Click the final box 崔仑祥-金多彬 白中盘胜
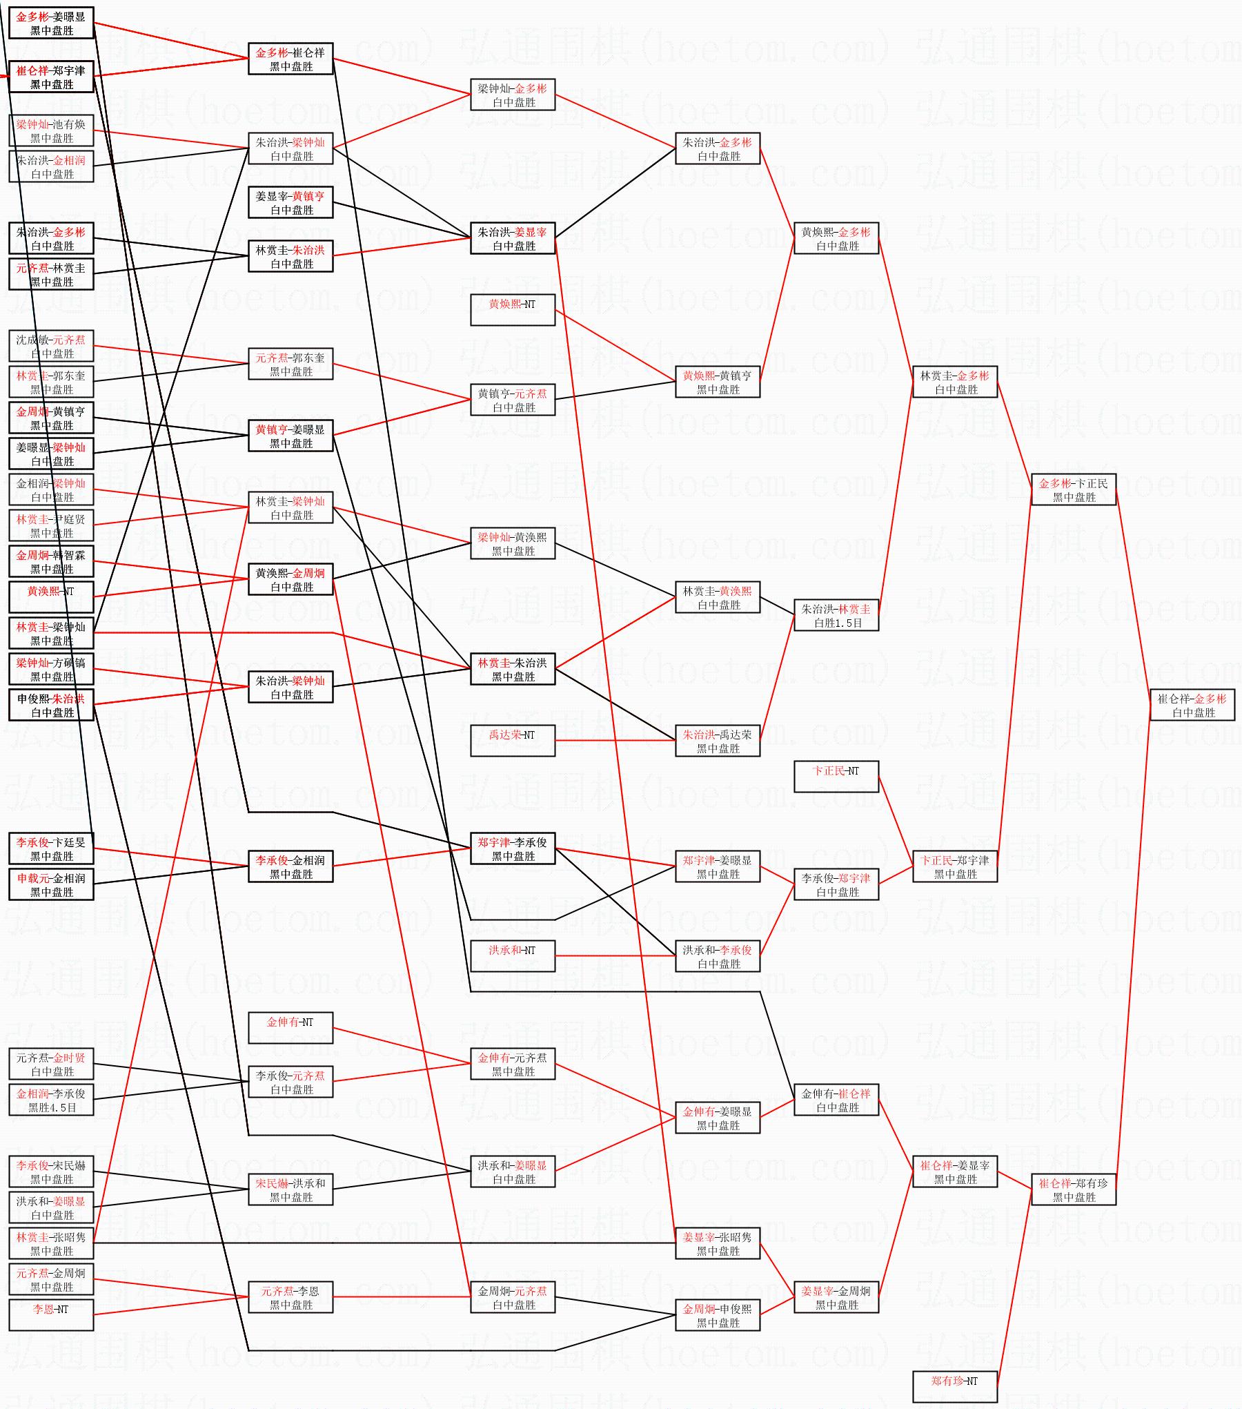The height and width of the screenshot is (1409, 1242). click(x=1192, y=705)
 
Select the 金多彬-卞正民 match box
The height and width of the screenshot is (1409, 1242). click(x=1074, y=489)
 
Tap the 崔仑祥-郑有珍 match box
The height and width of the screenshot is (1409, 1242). click(x=1074, y=1189)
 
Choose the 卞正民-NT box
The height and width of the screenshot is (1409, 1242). click(x=836, y=777)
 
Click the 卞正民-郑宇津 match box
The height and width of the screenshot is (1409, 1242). click(x=955, y=866)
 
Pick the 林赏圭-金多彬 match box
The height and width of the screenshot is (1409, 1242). click(x=955, y=382)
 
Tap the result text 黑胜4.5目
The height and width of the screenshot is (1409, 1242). click(x=52, y=1107)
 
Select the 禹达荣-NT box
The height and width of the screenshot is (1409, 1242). click(x=513, y=741)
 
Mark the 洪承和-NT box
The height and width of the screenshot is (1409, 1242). click(x=513, y=956)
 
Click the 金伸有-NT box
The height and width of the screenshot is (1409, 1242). click(x=290, y=1028)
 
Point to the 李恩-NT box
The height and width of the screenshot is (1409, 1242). click(x=51, y=1315)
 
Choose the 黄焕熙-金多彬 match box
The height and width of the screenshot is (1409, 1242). click(x=836, y=238)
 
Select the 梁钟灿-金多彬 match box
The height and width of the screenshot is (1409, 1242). click(x=513, y=95)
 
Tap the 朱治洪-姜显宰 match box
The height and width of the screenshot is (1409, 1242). click(x=513, y=238)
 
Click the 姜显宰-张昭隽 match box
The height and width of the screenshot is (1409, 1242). click(x=718, y=1243)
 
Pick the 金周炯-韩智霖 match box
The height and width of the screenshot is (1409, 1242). click(x=51, y=561)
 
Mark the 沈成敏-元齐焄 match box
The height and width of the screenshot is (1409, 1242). click(x=51, y=346)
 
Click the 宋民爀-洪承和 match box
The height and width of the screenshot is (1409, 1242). click(x=290, y=1189)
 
